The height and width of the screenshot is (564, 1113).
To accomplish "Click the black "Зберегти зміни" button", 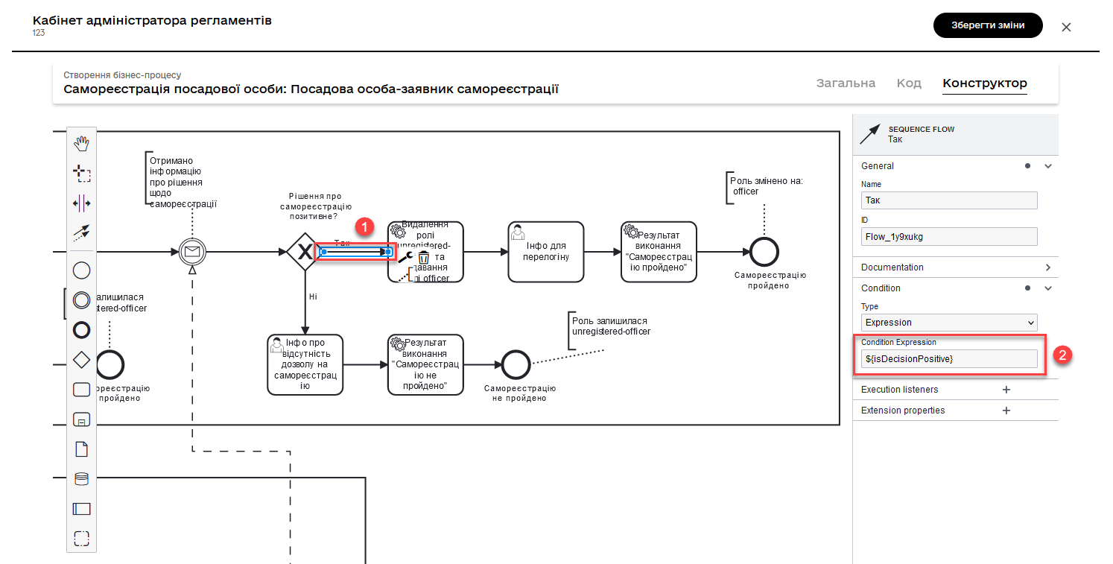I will pos(987,25).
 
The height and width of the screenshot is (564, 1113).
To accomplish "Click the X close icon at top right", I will pos(1066,27).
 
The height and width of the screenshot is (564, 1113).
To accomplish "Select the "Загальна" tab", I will pos(846,83).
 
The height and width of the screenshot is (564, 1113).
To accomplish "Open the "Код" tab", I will pos(909,83).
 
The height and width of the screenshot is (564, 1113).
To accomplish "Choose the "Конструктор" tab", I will pos(984,83).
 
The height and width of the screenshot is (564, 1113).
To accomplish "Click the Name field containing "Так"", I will pos(948,200).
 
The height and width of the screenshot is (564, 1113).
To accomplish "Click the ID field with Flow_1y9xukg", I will pos(948,236).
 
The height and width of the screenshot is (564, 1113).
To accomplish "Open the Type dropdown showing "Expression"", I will pos(948,323).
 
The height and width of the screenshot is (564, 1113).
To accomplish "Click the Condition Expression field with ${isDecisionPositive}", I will pos(948,359).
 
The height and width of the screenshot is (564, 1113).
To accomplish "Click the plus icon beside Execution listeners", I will pos(1006,390).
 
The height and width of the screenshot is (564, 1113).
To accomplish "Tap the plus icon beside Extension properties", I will pos(1006,411).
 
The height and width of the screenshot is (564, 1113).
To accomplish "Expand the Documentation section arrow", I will pos(1047,267).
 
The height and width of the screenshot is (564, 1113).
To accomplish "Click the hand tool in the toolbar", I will pos(82,144).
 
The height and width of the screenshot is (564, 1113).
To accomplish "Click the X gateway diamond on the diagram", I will pos(304,252).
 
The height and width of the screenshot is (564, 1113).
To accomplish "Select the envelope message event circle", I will pos(192,252).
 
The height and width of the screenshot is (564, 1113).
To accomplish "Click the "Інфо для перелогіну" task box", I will pos(545,252).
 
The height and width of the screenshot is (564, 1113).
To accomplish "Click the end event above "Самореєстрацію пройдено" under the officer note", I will pos(764,252).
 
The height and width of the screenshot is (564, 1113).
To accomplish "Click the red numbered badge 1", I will pos(364,226).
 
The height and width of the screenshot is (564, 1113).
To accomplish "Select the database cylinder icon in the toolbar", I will pos(82,479).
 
